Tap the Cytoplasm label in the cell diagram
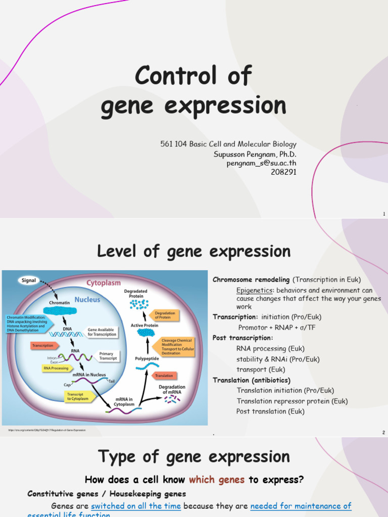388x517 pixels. [104, 283]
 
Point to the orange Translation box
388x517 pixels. [164, 376]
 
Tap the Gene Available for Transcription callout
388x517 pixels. [102, 332]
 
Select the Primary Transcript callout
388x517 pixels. [107, 356]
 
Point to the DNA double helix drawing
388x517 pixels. [67, 334]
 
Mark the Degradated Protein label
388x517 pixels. [136, 293]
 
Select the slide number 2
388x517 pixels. [383, 433]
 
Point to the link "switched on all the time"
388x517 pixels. [136, 505]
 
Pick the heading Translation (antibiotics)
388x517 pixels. [252, 380]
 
